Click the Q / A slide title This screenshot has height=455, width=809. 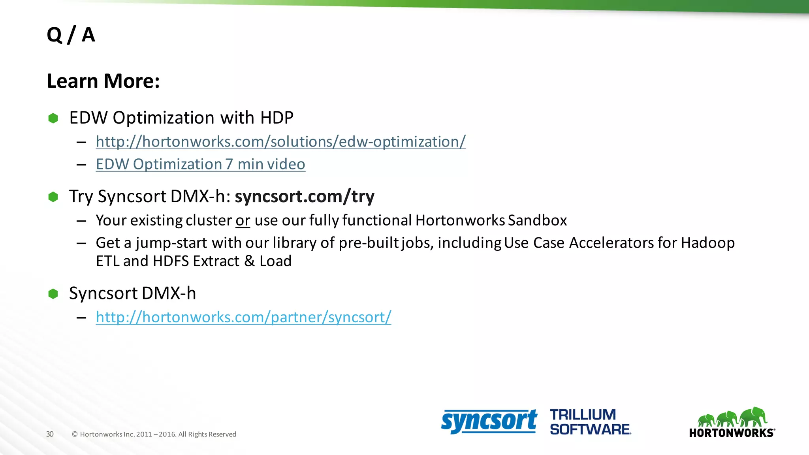tap(71, 35)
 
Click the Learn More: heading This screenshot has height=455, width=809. tap(103, 81)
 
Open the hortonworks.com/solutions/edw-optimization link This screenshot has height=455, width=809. tap(280, 142)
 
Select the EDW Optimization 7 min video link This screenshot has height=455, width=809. tap(200, 164)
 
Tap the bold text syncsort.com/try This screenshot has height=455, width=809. tap(305, 196)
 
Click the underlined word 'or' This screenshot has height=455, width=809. tap(243, 220)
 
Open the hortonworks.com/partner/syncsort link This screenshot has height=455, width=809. tap(243, 317)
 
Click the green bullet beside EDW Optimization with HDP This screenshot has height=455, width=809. tap(53, 118)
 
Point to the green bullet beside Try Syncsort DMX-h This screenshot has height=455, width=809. tap(53, 197)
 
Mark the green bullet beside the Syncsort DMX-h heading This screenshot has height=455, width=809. tap(53, 293)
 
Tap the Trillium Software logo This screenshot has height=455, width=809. tap(590, 422)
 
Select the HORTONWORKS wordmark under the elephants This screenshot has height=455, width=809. tap(731, 433)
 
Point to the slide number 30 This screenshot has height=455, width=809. tap(50, 434)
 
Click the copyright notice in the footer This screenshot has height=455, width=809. tap(154, 434)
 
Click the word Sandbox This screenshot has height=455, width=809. tap(537, 220)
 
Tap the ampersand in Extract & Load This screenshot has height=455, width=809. tap(249, 261)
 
